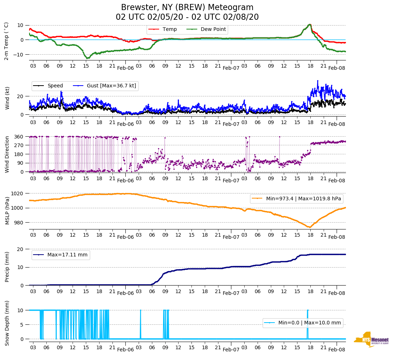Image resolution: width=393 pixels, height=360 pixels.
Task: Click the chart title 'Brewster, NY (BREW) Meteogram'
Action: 187,8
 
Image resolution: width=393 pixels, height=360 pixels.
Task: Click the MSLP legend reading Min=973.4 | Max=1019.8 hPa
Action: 297,198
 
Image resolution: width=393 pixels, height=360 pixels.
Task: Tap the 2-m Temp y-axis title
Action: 6,41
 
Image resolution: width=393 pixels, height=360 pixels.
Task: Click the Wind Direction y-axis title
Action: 7,154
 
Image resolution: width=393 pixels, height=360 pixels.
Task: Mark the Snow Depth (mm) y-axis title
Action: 7,323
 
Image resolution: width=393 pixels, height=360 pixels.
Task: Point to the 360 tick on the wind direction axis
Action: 19,137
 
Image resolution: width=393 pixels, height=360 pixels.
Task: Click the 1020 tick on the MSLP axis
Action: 18,193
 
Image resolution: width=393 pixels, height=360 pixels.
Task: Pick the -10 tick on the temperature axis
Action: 19,54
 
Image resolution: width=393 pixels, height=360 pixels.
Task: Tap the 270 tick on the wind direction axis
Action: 19,145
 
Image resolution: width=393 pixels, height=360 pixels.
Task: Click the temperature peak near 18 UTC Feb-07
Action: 310,24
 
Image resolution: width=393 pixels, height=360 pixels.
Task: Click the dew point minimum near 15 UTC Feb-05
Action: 87,58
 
